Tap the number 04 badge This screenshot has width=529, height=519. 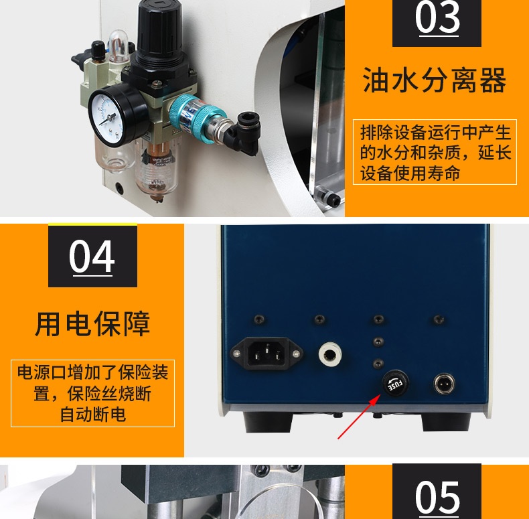pos(92,257)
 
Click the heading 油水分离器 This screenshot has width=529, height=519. pos(435,82)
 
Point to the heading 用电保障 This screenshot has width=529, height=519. pos(92,324)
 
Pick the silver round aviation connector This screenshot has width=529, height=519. pos(443,384)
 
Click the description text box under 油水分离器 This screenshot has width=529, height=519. pos(435,152)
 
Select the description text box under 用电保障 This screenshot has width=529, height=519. pos(92,393)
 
